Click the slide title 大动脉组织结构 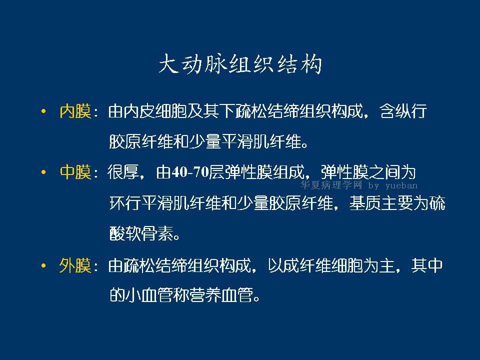pos(240,64)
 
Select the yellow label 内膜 pos(75,111)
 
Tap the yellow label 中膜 pos(75,172)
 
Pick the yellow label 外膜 pos(75,265)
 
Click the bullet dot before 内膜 pos(43,111)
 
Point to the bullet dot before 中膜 pos(43,172)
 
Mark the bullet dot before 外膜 pos(43,265)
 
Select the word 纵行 pos(411,111)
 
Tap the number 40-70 pos(190,172)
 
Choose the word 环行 pos(125,203)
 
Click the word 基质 pos(365,203)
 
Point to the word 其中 pos(427,265)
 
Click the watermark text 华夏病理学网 pos(331,185)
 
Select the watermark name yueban pos(401,185)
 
